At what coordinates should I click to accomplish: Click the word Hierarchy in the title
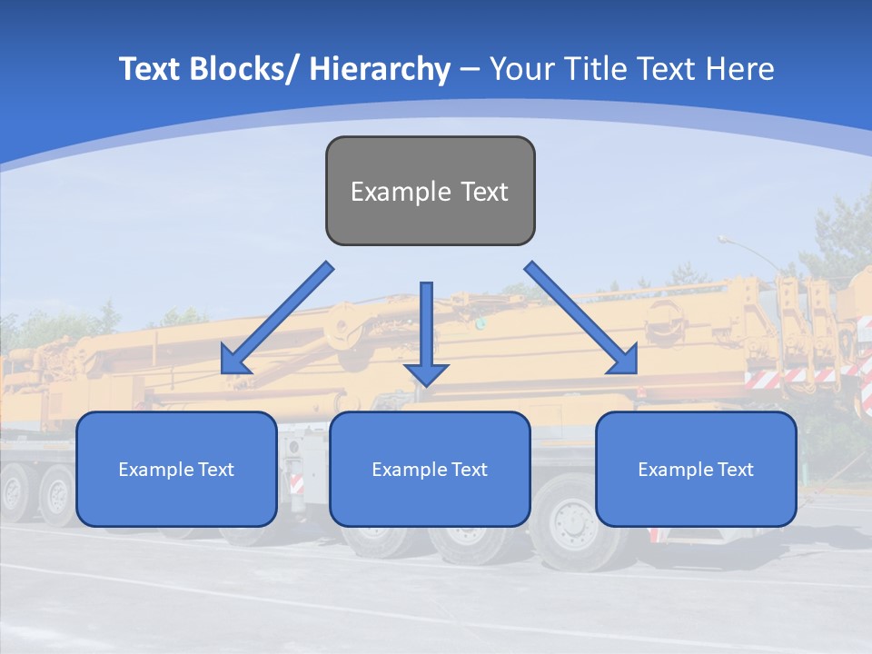380,69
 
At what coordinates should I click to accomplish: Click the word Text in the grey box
484,192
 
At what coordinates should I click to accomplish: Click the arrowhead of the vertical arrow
426,373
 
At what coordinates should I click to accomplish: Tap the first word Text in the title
150,69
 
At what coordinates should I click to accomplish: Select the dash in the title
470,69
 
